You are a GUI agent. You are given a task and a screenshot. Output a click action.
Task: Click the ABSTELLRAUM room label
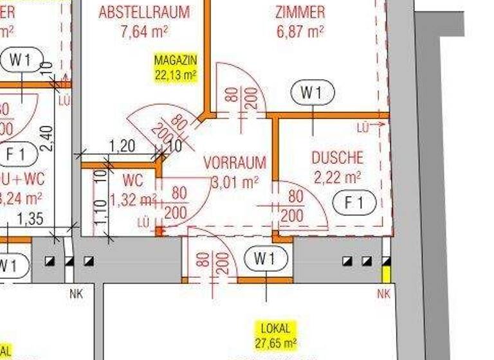point(144,12)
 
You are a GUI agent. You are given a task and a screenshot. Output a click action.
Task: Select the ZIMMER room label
point(300,12)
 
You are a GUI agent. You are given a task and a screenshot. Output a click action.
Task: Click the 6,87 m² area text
point(300,30)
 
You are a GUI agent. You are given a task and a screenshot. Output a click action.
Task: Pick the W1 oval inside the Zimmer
point(313,93)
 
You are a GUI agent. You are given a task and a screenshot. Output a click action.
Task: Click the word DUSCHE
point(337,157)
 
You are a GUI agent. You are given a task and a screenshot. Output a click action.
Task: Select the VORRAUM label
point(234,163)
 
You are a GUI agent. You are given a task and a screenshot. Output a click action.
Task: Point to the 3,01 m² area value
point(234,182)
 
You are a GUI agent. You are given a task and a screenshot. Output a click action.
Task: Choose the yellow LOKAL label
point(275,328)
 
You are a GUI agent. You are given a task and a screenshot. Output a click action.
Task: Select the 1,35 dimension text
point(30,219)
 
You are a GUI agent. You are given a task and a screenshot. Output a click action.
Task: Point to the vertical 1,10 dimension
point(100,212)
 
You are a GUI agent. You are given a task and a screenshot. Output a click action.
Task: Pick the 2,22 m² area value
point(337,176)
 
